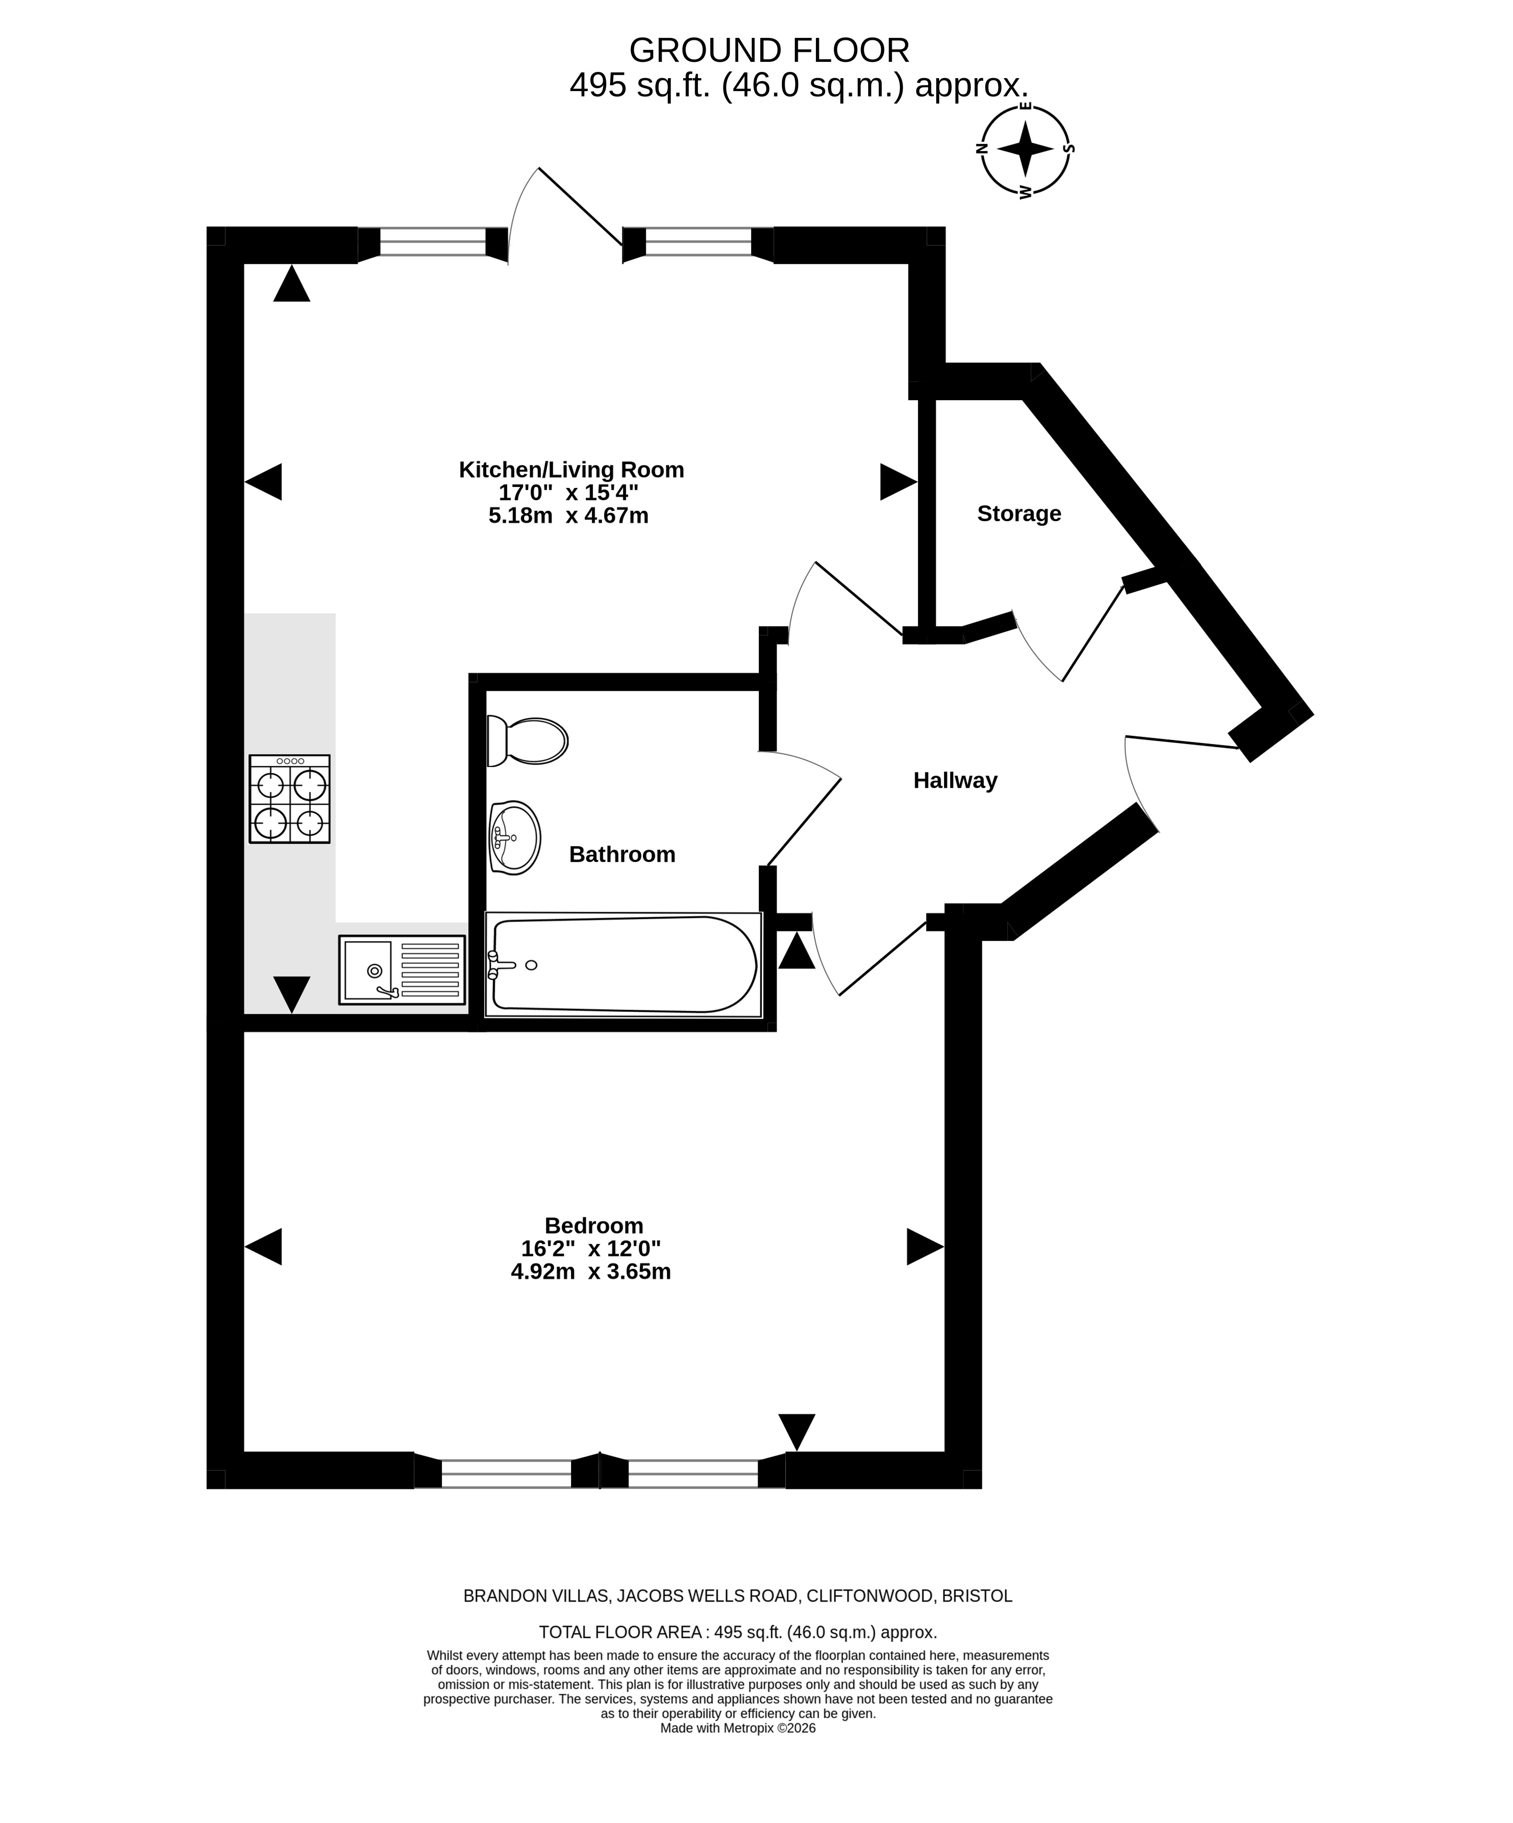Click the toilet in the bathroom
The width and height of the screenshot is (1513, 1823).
[x=527, y=741]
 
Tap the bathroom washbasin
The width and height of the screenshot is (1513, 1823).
[x=515, y=837]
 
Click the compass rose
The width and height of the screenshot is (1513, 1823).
[x=1025, y=149]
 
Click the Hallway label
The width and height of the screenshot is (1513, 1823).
[x=955, y=780]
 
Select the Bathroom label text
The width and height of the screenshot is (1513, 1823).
[x=621, y=854]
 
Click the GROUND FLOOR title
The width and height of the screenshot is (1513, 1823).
[x=769, y=50]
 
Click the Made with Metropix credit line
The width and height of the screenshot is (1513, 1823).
[x=738, y=1729]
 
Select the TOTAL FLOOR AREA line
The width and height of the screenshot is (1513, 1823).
[x=738, y=1632]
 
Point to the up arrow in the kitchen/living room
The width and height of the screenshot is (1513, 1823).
[x=291, y=284]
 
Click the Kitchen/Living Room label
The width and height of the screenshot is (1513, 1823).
[x=571, y=470]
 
